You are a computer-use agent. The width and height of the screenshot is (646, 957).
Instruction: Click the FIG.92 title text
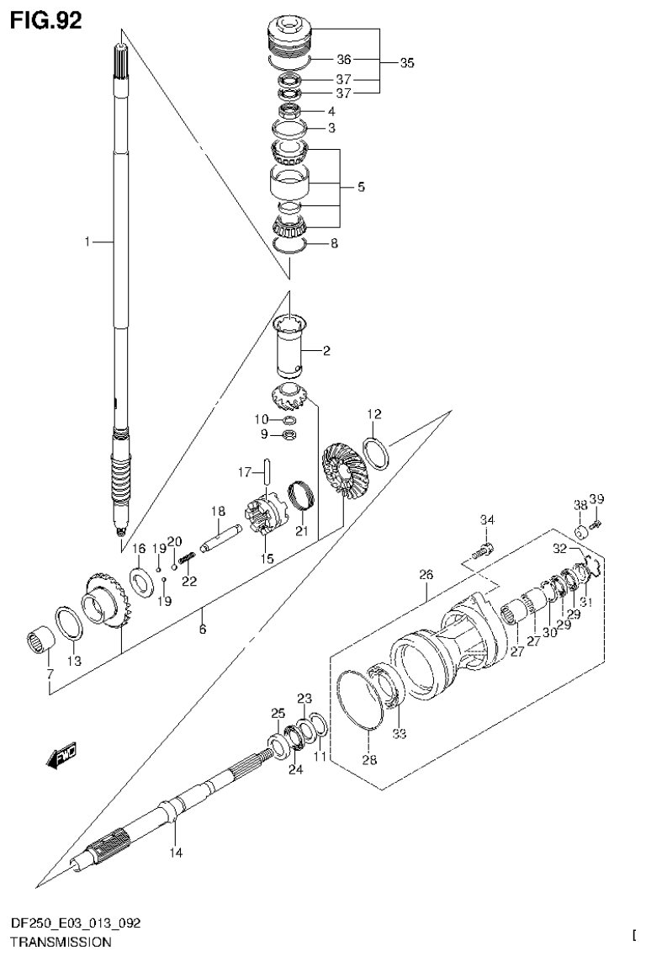click(46, 19)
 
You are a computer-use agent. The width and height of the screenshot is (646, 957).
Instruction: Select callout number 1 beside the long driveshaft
click(87, 242)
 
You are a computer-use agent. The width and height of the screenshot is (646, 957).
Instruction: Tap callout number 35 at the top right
click(407, 62)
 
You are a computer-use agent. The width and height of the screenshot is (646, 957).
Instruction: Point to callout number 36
click(343, 60)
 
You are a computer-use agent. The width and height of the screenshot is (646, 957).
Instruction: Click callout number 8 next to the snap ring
click(334, 246)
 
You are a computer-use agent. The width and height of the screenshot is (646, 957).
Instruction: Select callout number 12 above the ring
click(373, 414)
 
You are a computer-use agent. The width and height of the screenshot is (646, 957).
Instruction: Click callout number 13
click(74, 662)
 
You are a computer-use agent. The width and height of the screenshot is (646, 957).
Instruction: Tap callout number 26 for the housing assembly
click(426, 575)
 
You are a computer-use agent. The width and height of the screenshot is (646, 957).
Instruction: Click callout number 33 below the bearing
click(400, 733)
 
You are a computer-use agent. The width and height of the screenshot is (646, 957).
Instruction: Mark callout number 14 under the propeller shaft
click(174, 852)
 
